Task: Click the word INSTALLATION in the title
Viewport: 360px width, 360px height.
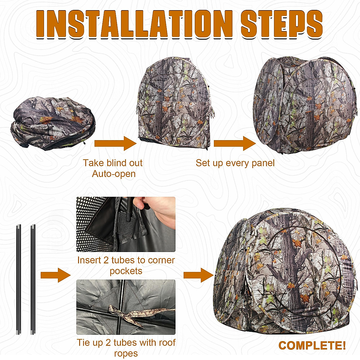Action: coord(136,24)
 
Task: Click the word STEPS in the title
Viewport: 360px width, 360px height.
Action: coord(281,24)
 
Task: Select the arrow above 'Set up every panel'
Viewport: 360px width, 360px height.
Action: coord(234,143)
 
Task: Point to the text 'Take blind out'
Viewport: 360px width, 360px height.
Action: coord(112,163)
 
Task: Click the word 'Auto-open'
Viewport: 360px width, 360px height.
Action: coord(114,174)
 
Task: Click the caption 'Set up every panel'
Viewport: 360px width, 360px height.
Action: coord(235,163)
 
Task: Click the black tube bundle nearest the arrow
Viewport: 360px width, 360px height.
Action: coord(33,279)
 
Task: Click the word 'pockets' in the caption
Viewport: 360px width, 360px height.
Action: coord(126,271)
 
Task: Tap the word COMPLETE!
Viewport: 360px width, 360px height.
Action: coord(312,345)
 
